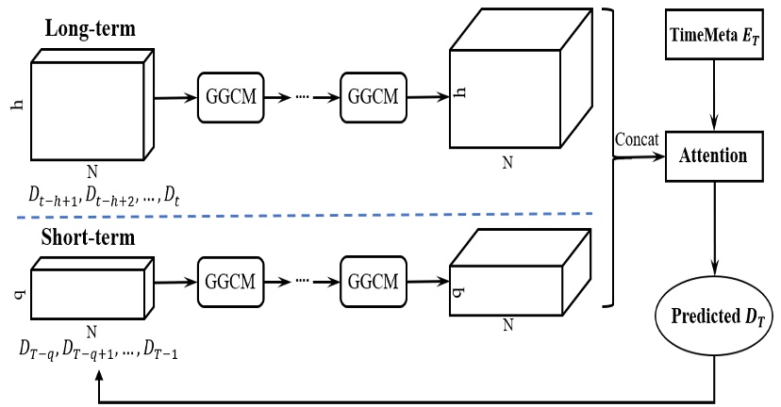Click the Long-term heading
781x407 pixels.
pyautogui.click(x=90, y=28)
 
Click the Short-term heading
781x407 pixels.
pyautogui.click(x=90, y=236)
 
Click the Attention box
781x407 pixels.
pyautogui.click(x=713, y=155)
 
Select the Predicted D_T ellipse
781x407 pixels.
pyautogui.click(x=713, y=316)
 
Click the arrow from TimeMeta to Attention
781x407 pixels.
pyautogui.click(x=714, y=94)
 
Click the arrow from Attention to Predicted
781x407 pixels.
pyautogui.click(x=714, y=226)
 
